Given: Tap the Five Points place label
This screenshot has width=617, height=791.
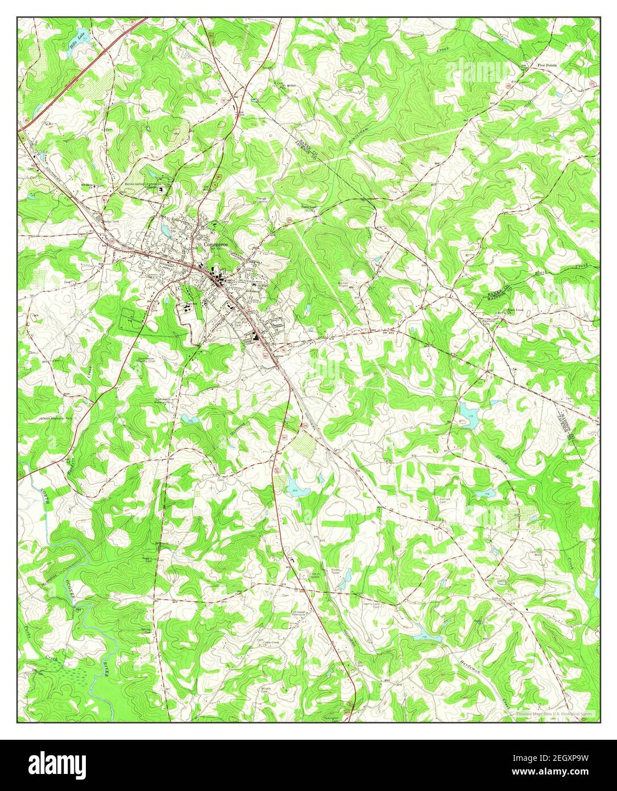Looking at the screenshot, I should [548, 65].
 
